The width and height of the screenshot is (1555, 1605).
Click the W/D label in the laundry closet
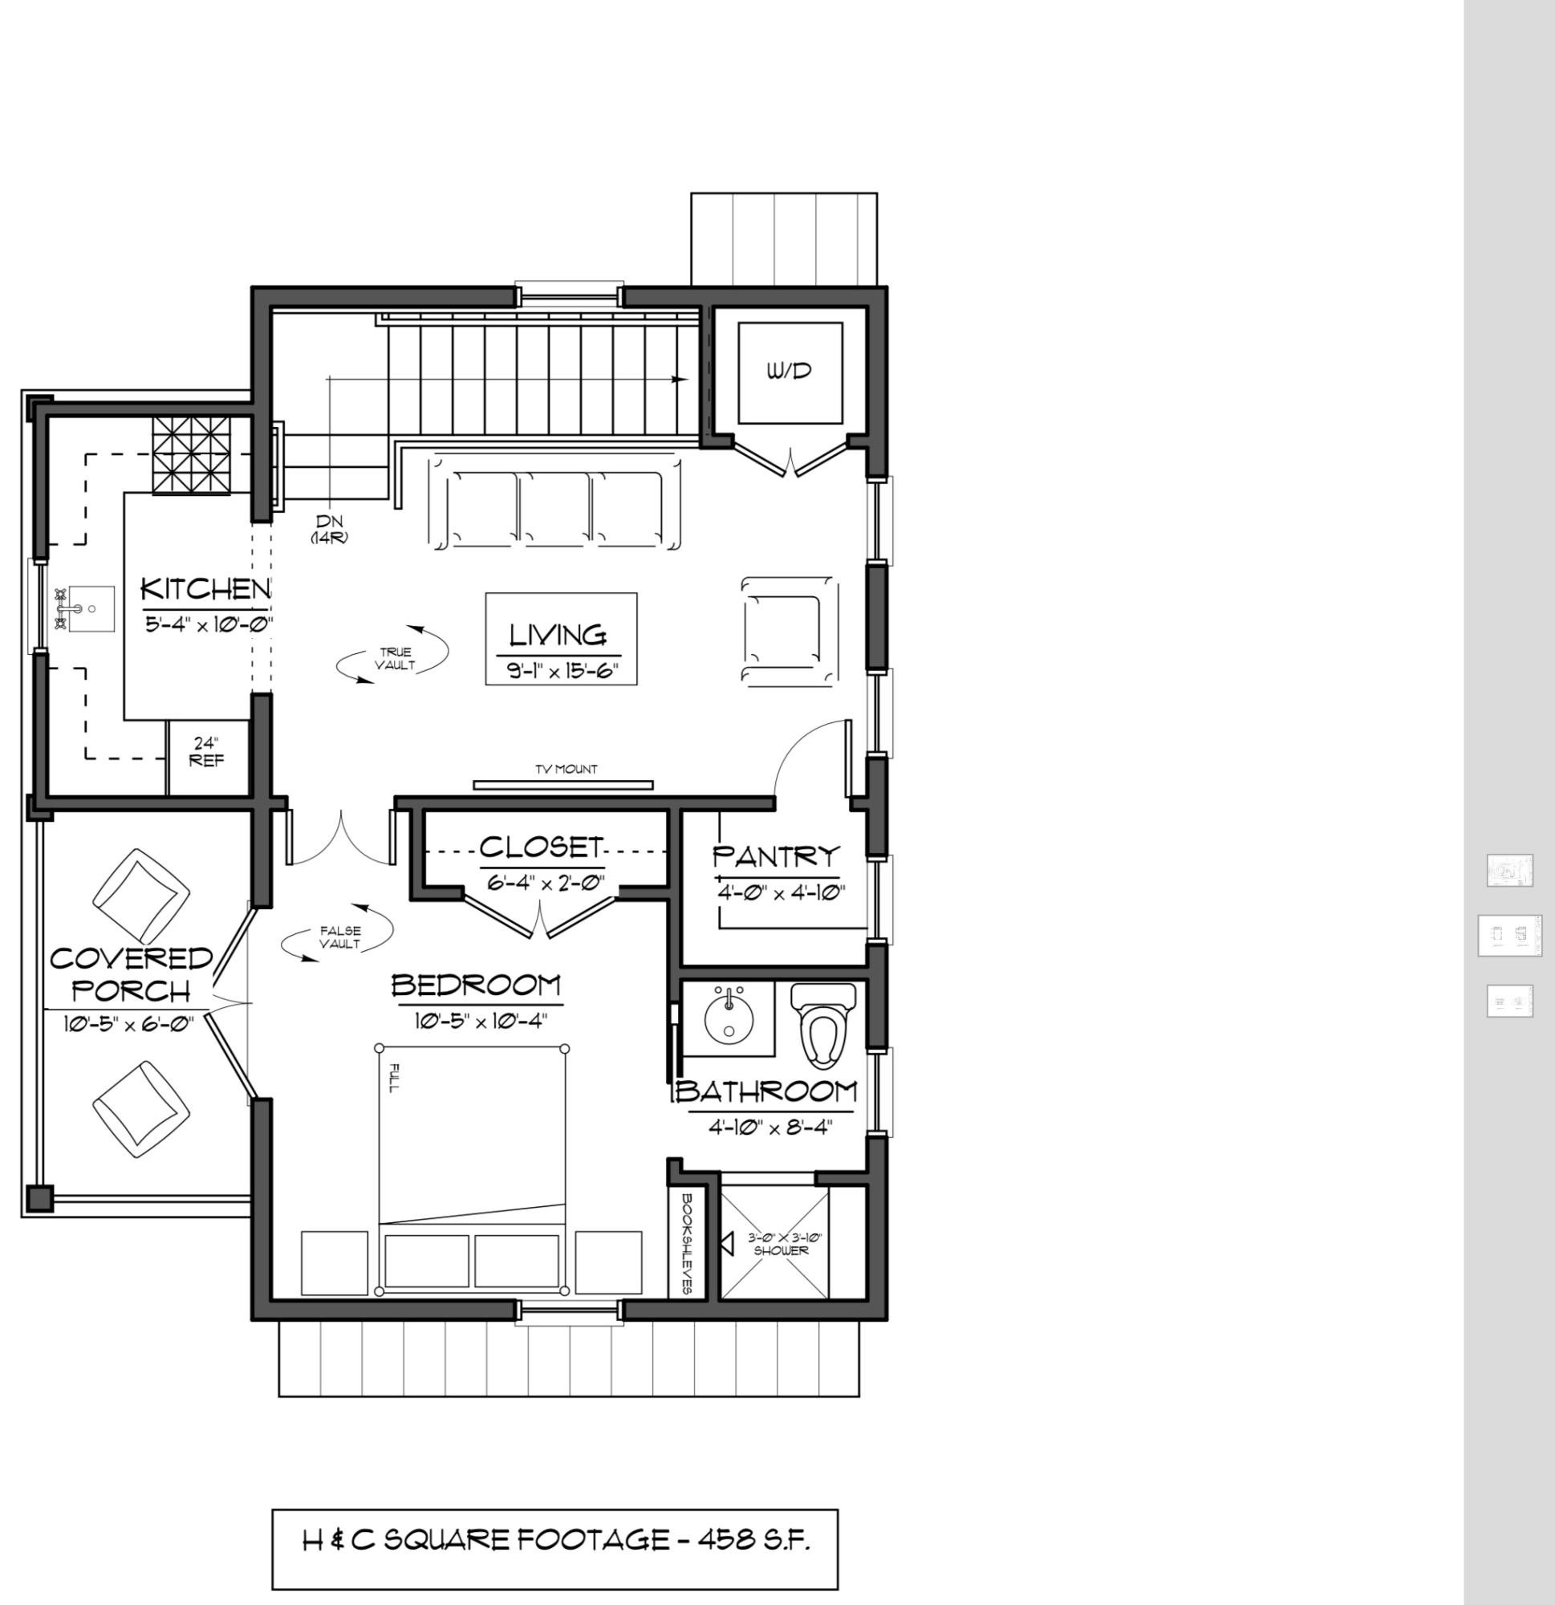tap(790, 371)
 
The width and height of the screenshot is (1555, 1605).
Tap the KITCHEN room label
tap(205, 589)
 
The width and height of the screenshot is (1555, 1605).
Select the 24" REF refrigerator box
tap(207, 757)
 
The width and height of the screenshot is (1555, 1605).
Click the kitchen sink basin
tap(91, 608)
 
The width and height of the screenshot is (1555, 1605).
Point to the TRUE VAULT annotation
tap(395, 659)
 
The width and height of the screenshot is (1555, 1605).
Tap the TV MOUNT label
tap(566, 769)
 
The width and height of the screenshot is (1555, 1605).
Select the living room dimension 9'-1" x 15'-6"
tap(561, 672)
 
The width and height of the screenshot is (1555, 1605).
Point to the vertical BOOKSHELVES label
tap(688, 1242)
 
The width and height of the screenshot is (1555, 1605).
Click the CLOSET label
tap(542, 847)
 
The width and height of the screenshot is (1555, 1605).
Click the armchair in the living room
tap(790, 629)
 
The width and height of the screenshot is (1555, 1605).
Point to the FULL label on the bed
tap(394, 1078)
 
